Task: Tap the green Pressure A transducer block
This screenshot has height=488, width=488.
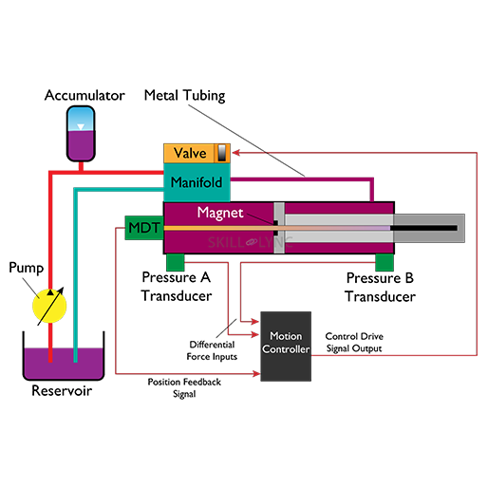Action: (175, 262)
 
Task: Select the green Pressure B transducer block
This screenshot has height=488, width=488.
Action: (384, 262)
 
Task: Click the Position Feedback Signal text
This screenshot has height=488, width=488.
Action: (185, 387)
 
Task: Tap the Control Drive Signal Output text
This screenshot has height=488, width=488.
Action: (353, 342)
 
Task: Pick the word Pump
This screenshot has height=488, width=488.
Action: (27, 269)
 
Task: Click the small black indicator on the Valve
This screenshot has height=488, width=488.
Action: (222, 153)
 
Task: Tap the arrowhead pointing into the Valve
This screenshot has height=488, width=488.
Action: (237, 152)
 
